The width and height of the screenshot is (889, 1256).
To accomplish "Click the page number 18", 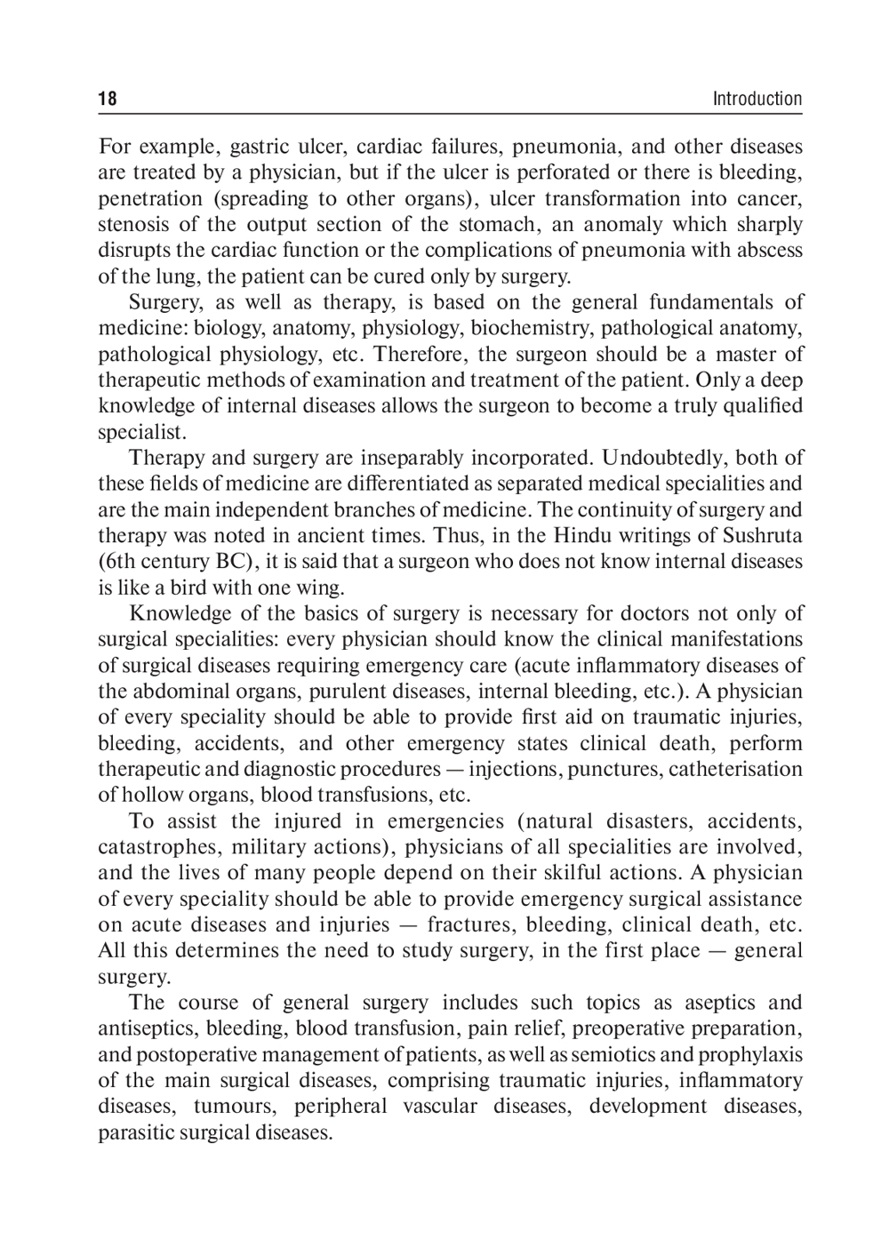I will (x=108, y=99).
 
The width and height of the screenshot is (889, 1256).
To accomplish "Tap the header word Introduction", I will (x=757, y=99).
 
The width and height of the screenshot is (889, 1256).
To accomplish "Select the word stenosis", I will (x=132, y=224).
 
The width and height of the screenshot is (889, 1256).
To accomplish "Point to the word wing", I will (x=323, y=588).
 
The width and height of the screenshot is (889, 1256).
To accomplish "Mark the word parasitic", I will (x=136, y=1132).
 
